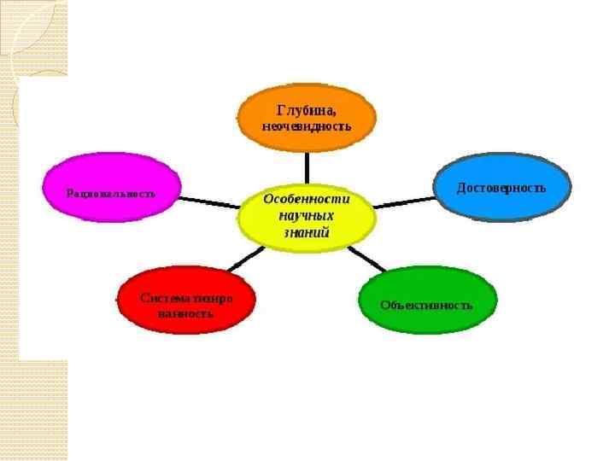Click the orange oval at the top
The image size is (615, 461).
306,118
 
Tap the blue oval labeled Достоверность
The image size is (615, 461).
502,187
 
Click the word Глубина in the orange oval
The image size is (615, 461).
306,109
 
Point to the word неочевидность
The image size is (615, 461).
306,125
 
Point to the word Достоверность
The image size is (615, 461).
501,187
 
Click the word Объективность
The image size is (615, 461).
426,305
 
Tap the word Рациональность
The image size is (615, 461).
111,193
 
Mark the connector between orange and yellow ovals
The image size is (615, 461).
306,167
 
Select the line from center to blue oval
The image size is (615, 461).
404,202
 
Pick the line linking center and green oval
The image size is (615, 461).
368,259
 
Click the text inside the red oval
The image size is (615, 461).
185,306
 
